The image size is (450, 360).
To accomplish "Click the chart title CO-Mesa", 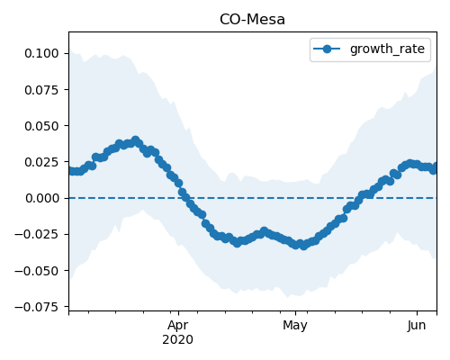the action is (252, 20).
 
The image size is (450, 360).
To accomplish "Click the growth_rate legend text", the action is (387, 49).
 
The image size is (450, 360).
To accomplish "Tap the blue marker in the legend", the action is (327, 49).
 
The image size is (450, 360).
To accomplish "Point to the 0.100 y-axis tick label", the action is (41, 53).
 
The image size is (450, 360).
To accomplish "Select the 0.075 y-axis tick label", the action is (41, 90).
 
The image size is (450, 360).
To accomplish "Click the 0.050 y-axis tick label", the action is (41, 126).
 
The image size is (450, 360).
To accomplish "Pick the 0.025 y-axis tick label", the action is (41, 162).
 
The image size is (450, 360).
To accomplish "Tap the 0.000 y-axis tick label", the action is (41, 198).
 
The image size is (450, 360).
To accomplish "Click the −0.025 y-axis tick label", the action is (36, 234).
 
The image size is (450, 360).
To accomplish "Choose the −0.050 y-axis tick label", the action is (36, 271).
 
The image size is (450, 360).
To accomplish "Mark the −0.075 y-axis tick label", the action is (36, 307).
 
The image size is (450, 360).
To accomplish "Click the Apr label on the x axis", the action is (178, 326).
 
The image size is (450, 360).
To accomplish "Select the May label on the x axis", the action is (295, 326).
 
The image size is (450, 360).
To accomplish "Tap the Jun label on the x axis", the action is (417, 326).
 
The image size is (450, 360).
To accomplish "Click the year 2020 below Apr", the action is (178, 339).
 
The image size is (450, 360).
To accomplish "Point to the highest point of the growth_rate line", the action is (136, 140).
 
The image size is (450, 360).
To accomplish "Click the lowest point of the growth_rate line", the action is (303, 246).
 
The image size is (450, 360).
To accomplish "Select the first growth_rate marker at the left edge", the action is (71, 171).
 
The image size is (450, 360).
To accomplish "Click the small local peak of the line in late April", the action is (264, 231).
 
